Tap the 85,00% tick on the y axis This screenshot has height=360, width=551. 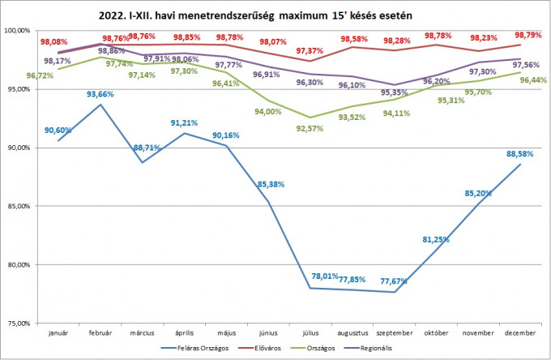[18, 206]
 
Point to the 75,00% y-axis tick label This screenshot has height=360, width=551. [18, 323]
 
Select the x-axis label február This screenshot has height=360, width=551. [100, 332]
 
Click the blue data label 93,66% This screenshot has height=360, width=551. [102, 95]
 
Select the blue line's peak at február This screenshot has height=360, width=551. [100, 105]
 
